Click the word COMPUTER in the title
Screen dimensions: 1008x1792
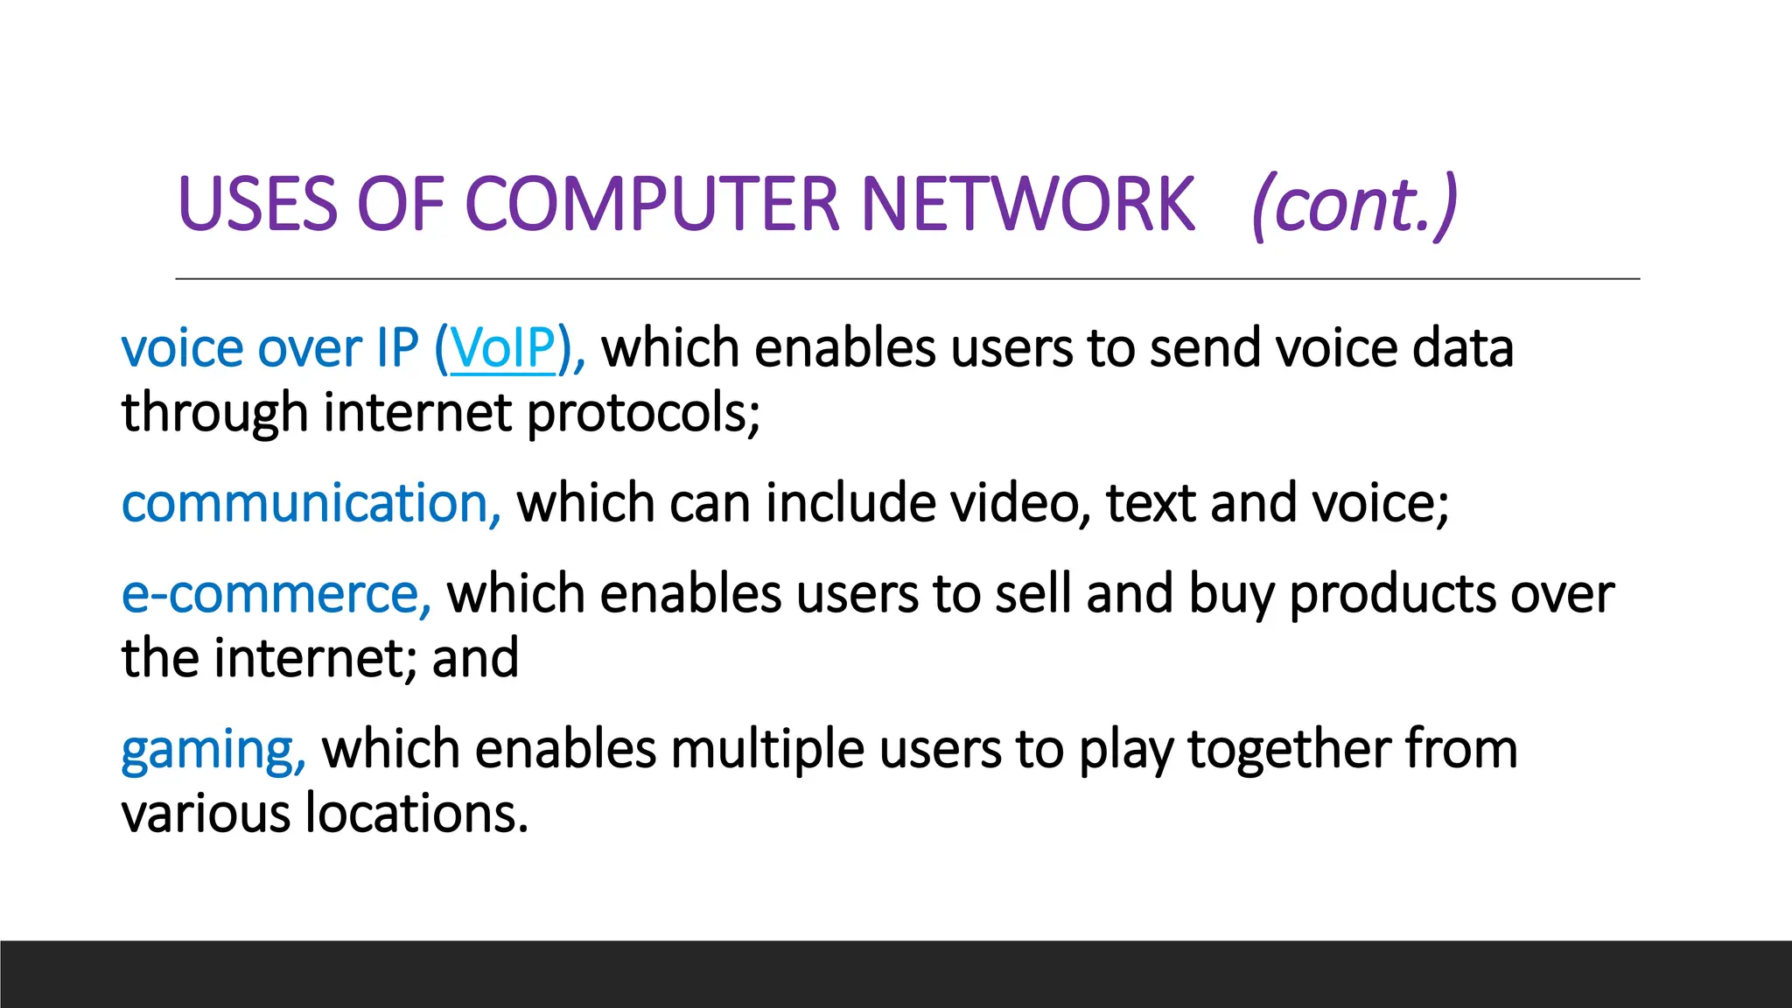point(654,204)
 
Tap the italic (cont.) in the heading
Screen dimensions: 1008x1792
point(1354,206)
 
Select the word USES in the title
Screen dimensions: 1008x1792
point(257,204)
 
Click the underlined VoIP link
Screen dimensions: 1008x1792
point(502,348)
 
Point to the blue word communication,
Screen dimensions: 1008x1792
point(311,504)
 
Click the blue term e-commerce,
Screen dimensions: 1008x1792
point(276,595)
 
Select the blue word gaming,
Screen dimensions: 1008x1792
point(213,751)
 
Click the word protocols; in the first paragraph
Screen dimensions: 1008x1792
point(643,413)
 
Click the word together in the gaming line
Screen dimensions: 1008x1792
point(1289,751)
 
